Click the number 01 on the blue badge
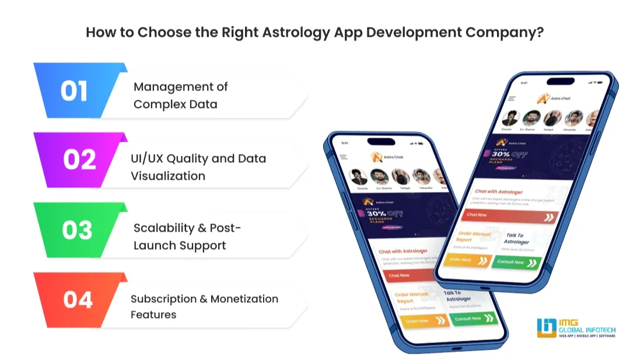pos(74,92)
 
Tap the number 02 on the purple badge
pos(79,160)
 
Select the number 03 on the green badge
pos(77,230)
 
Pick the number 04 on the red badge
pos(78,299)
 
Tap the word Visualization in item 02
pos(168,176)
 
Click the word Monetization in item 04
pos(244,299)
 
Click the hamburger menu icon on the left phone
pos(344,156)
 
